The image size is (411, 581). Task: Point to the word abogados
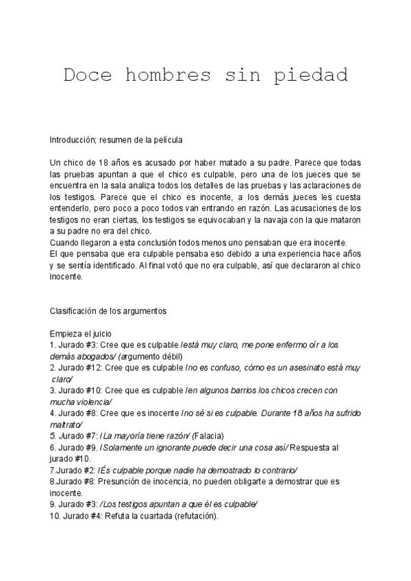pyautogui.click(x=97, y=356)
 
